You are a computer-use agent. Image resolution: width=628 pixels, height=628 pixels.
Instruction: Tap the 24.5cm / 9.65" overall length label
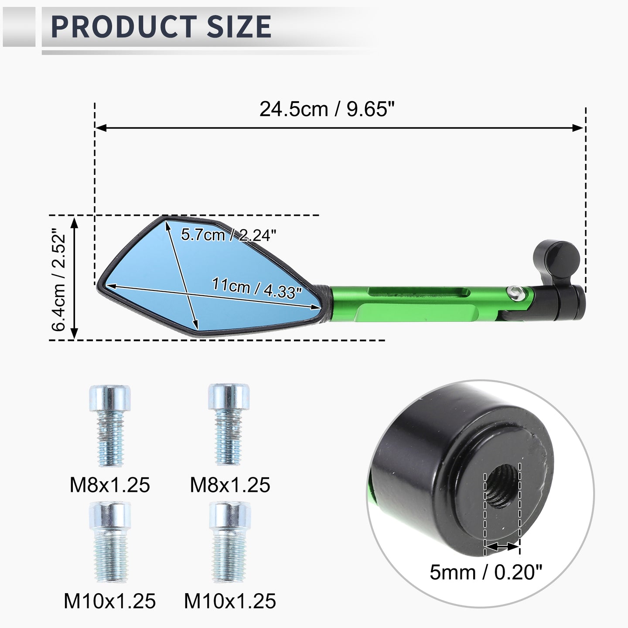point(327,109)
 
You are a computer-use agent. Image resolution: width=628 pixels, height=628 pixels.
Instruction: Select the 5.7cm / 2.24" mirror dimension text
point(229,235)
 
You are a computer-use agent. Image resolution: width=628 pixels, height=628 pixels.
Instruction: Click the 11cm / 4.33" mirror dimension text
point(257,288)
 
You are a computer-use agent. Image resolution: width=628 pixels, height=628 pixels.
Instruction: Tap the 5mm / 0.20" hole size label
point(486,572)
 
